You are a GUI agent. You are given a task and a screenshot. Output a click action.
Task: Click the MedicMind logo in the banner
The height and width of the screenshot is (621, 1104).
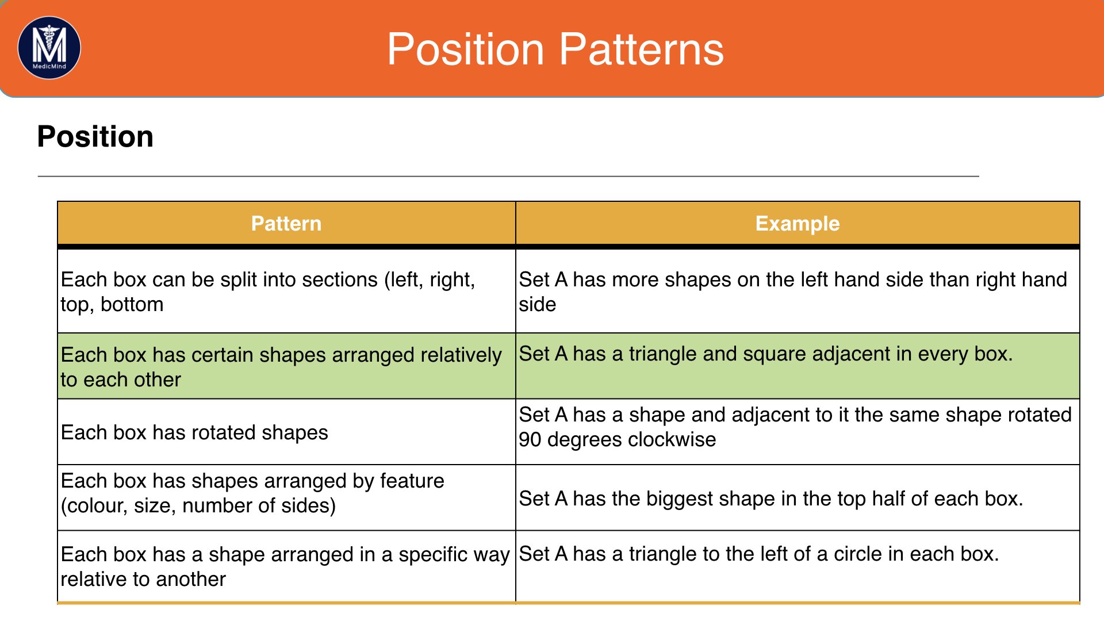click(x=49, y=48)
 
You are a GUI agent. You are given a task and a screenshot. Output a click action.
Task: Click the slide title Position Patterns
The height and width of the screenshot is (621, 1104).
click(x=555, y=49)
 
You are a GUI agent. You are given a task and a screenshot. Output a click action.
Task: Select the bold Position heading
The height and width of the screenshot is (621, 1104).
click(x=95, y=137)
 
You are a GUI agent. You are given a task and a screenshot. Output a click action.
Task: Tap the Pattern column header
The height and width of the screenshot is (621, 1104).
click(x=286, y=223)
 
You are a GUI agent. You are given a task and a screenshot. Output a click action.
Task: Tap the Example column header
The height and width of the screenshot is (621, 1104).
click(x=798, y=223)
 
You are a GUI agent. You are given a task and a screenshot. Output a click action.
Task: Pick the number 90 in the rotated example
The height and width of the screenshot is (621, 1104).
click(x=530, y=439)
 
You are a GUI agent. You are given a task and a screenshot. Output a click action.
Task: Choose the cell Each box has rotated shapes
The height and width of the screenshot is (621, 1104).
click(x=194, y=432)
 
